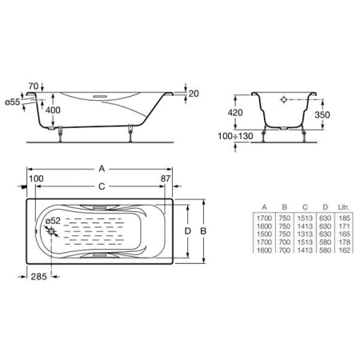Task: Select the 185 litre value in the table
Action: pyautogui.click(x=345, y=217)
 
